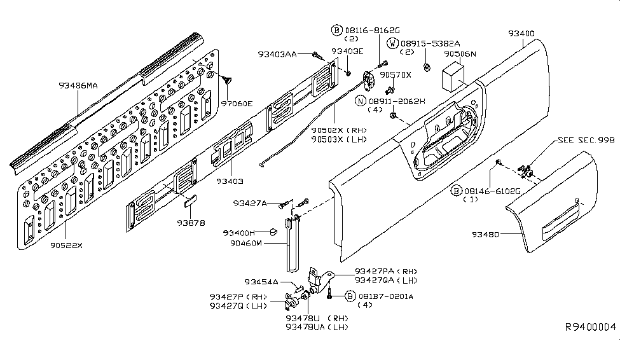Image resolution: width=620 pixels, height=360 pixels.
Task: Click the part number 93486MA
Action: [x=78, y=85]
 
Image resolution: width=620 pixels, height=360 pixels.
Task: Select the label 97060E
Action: [x=237, y=104]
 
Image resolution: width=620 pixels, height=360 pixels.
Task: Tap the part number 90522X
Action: [x=66, y=246]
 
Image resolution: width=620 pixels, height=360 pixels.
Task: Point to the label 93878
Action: [x=191, y=223]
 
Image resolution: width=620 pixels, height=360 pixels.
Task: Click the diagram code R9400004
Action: [x=590, y=327]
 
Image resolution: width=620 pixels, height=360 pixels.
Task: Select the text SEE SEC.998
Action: [x=586, y=140]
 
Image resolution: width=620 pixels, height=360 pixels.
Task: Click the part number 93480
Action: [x=485, y=234]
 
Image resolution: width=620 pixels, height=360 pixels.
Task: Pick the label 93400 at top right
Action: [x=521, y=34]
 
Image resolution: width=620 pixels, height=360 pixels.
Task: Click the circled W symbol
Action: [x=392, y=43]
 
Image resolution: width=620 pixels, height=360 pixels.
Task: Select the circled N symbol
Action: [x=360, y=101]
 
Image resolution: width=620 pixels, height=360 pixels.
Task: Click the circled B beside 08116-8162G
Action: [x=336, y=30]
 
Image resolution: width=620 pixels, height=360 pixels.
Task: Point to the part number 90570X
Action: [x=396, y=75]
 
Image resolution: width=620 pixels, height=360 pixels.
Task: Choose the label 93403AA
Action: [x=277, y=54]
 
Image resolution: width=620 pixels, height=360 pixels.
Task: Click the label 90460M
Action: [x=246, y=243]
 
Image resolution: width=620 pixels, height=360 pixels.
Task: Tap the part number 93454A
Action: [x=261, y=282]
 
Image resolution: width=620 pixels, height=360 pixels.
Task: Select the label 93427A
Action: [x=250, y=204]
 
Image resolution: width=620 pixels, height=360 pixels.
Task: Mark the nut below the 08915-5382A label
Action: [x=427, y=67]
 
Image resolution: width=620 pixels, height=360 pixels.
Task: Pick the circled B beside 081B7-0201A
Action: [x=350, y=296]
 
